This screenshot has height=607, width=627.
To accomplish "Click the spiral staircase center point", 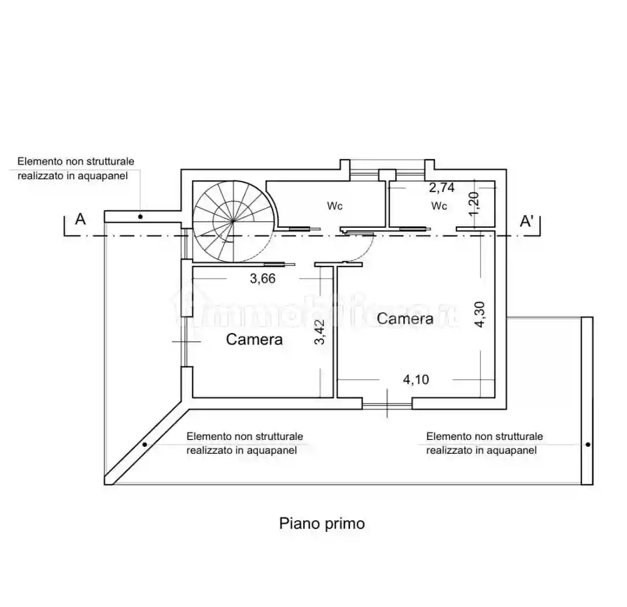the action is pyautogui.click(x=234, y=221).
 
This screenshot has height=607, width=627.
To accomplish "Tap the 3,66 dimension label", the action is pyautogui.click(x=263, y=279).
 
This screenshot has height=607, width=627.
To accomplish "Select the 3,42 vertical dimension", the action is pyautogui.click(x=320, y=332).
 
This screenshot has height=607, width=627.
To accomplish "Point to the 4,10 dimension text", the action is pyautogui.click(x=416, y=379).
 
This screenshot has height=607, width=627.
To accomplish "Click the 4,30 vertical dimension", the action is pyautogui.click(x=480, y=314).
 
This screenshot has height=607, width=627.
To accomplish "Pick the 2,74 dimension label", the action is pyautogui.click(x=442, y=187).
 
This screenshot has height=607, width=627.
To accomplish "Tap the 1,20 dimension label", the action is pyautogui.click(x=474, y=203).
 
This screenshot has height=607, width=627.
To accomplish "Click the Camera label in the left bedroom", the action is pyautogui.click(x=255, y=339).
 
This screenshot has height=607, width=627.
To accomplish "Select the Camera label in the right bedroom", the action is pyautogui.click(x=405, y=319).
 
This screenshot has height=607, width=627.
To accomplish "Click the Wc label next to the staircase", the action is pyautogui.click(x=335, y=206).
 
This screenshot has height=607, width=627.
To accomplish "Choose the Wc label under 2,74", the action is pyautogui.click(x=439, y=206).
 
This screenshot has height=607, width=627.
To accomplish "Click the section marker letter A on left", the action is pyautogui.click(x=81, y=219).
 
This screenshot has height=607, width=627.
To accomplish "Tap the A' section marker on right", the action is pyautogui.click(x=526, y=221).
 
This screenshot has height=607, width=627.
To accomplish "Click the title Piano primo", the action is pyautogui.click(x=322, y=524).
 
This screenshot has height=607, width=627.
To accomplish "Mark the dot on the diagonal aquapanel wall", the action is pyautogui.click(x=145, y=445).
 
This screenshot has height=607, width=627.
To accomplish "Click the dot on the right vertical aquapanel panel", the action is pyautogui.click(x=588, y=445).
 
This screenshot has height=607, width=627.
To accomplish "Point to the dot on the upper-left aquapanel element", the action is pyautogui.click(x=141, y=217).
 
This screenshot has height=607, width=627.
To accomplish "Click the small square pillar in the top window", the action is pyautogui.click(x=387, y=175).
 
